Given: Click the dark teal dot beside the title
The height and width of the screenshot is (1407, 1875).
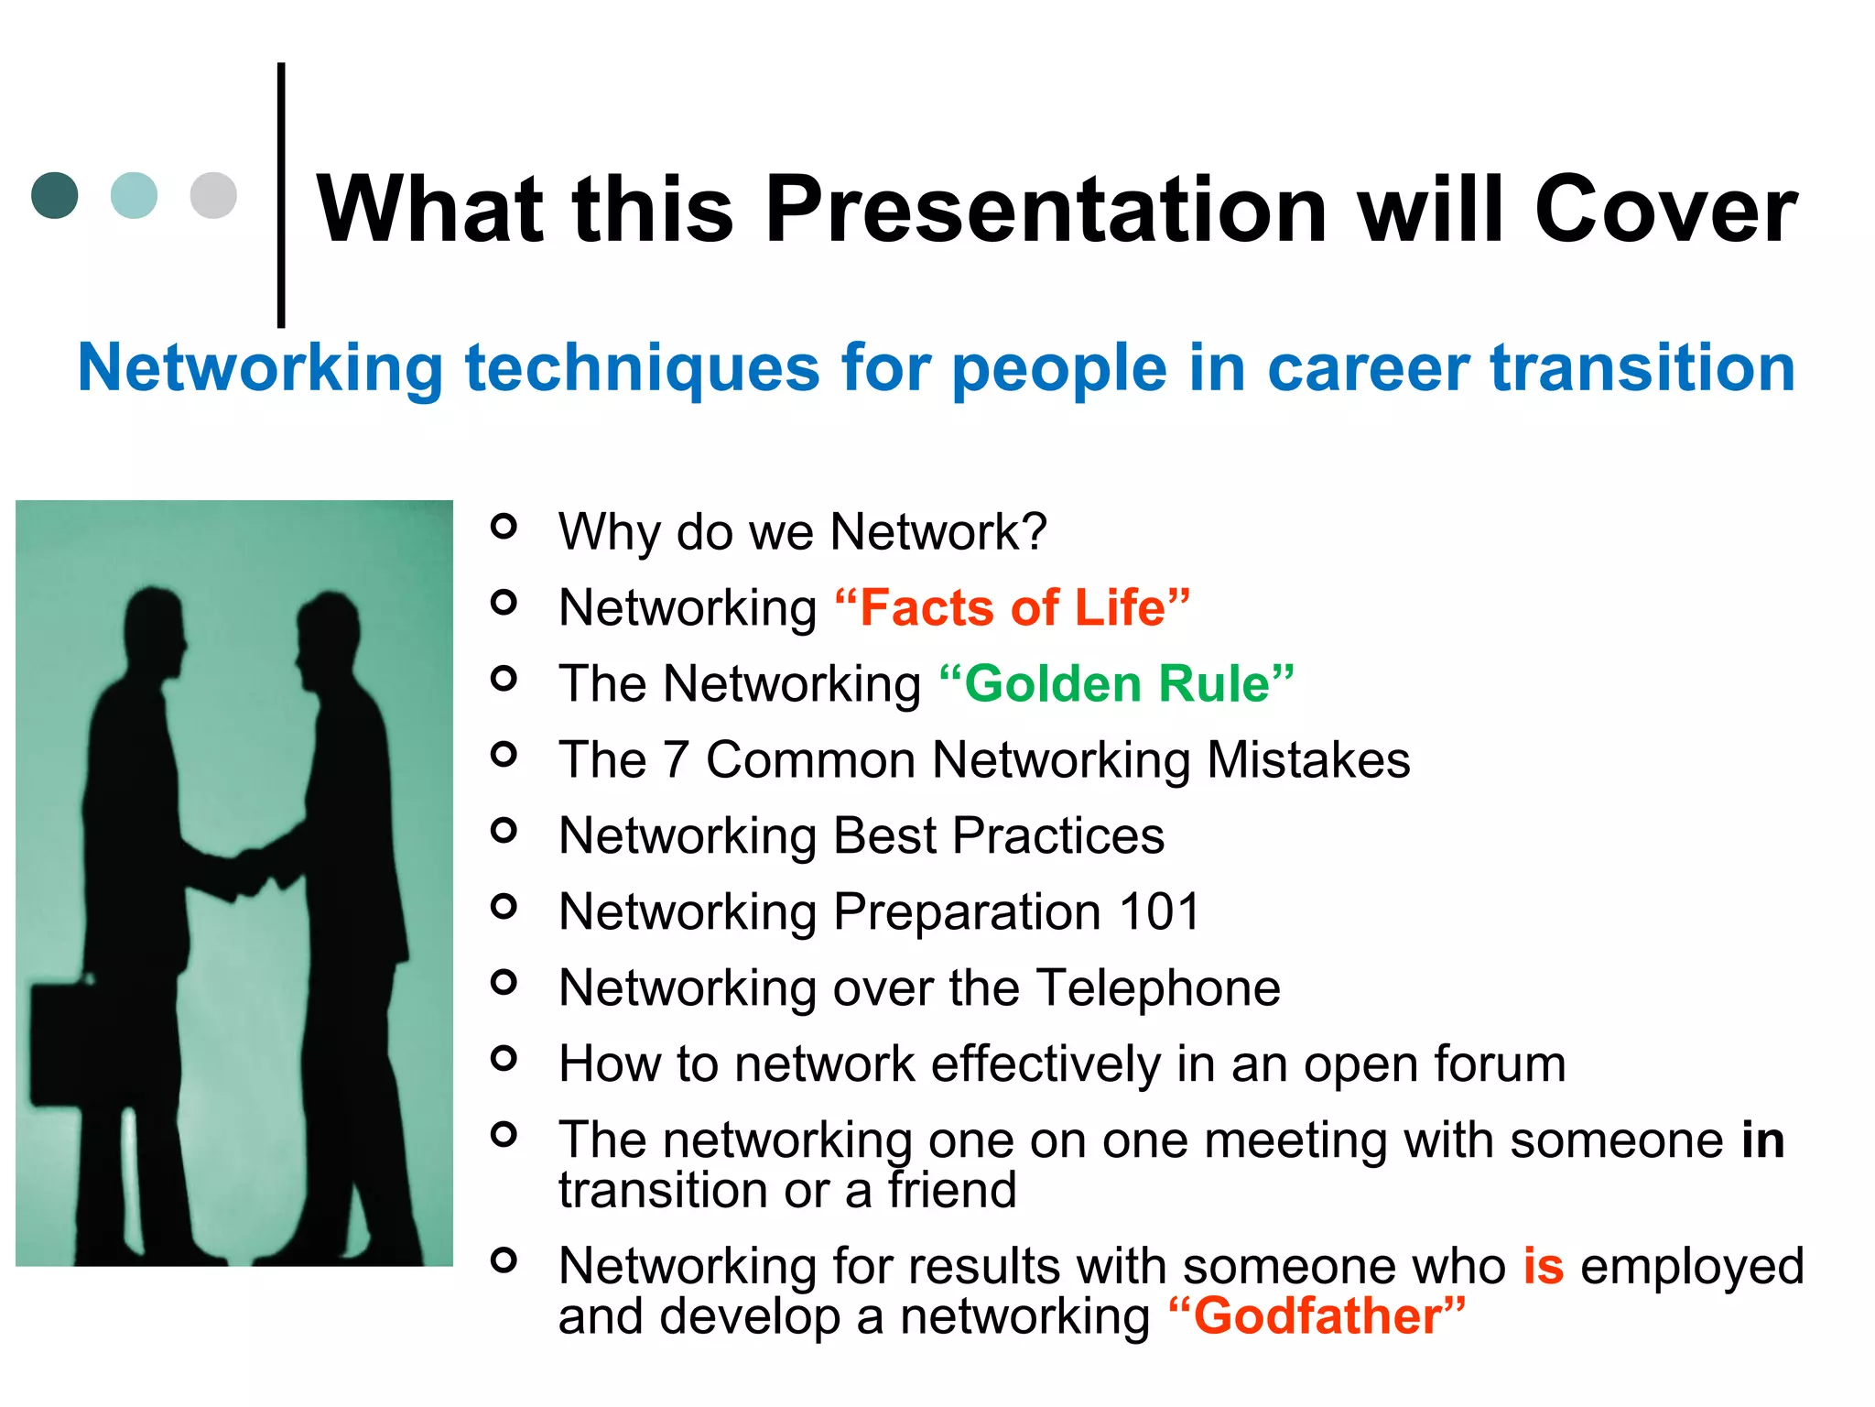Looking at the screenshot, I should (55, 195).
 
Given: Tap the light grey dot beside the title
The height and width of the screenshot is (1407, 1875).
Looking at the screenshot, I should (213, 195).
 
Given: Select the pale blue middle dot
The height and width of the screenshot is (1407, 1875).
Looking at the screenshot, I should (134, 195).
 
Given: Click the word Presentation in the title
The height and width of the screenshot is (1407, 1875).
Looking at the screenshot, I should (1046, 210).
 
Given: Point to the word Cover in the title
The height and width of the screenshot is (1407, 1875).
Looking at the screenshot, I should (1665, 210).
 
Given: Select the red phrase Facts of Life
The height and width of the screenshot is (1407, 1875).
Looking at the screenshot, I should (1012, 607).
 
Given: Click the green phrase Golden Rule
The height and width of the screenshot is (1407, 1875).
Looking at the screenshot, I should (1117, 683).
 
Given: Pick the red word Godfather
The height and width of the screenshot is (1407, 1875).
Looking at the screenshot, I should (1317, 1316).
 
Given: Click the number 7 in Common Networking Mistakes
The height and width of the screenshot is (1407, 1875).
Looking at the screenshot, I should (676, 759).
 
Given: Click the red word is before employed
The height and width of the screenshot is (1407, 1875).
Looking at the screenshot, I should (1544, 1266).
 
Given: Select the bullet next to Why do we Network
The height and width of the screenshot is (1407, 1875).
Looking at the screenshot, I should (504, 526).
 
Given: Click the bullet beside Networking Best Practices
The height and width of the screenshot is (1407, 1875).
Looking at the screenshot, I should (504, 830).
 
